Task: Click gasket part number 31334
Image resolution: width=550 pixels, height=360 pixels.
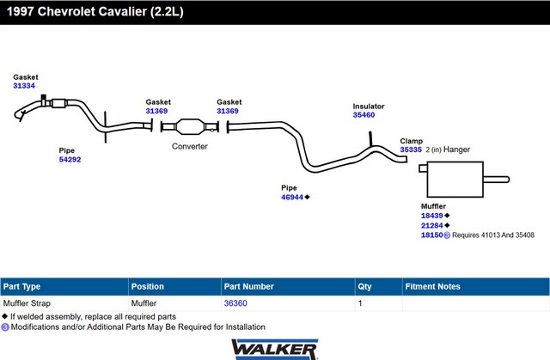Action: [24, 86]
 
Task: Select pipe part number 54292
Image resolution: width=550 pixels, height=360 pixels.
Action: [70, 160]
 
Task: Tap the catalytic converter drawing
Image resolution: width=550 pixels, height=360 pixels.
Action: [190, 126]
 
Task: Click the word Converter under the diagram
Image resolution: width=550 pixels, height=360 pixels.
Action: [190, 147]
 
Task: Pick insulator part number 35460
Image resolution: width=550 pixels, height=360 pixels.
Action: [364, 115]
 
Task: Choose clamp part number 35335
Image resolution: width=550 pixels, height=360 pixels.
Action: [411, 149]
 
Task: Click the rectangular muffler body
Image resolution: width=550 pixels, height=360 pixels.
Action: [455, 180]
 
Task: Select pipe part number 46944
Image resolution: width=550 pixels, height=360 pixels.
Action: [292, 198]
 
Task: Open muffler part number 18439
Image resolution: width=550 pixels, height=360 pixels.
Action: [431, 216]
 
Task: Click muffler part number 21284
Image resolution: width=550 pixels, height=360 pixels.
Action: [431, 226]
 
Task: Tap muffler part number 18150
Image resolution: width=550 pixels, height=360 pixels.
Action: [431, 235]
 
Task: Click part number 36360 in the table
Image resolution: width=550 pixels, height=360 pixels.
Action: [235, 303]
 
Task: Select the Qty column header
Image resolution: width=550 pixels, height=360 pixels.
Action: [364, 287]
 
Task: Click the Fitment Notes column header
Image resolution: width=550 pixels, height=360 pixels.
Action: [432, 287]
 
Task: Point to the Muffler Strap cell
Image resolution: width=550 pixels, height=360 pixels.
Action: [27, 303]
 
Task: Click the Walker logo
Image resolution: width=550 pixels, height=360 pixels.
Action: [275, 349]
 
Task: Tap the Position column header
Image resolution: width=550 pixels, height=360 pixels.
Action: [147, 287]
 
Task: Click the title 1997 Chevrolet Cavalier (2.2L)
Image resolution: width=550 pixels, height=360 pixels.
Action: [95, 11]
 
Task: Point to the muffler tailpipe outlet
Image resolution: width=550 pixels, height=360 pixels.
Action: [496, 180]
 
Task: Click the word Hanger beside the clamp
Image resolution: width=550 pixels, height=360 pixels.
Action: [456, 149]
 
